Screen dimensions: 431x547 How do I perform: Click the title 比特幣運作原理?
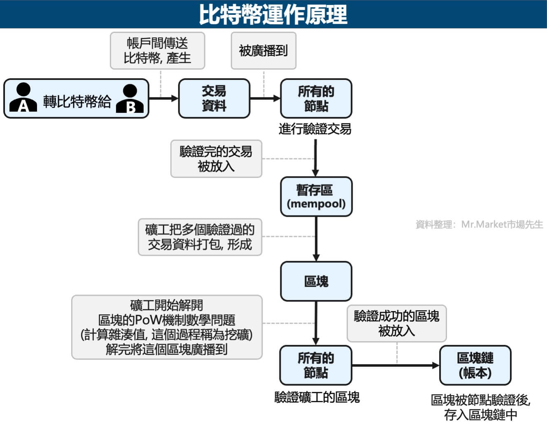273,14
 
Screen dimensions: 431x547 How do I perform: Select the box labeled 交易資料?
214,98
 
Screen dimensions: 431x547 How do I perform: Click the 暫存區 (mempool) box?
316,197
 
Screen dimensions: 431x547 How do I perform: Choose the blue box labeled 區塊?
316,281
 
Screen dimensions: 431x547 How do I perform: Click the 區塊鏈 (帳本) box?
475,365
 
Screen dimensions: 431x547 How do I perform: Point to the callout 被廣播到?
263,51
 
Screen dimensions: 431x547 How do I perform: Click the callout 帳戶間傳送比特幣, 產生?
157,51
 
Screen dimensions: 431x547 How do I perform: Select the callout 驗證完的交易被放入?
216,159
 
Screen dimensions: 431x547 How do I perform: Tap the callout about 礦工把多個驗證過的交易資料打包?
200,237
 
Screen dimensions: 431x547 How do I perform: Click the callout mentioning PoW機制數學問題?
167,327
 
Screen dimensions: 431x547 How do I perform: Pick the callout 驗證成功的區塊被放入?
396,323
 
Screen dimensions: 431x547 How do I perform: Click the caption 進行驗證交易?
315,129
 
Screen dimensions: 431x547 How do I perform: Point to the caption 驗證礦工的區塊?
317,397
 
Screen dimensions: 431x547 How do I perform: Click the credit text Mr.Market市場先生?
479,224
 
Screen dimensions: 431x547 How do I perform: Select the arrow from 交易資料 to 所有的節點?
265,98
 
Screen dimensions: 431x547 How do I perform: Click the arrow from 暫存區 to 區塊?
316,239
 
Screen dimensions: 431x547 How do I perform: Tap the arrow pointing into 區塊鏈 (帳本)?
395,365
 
